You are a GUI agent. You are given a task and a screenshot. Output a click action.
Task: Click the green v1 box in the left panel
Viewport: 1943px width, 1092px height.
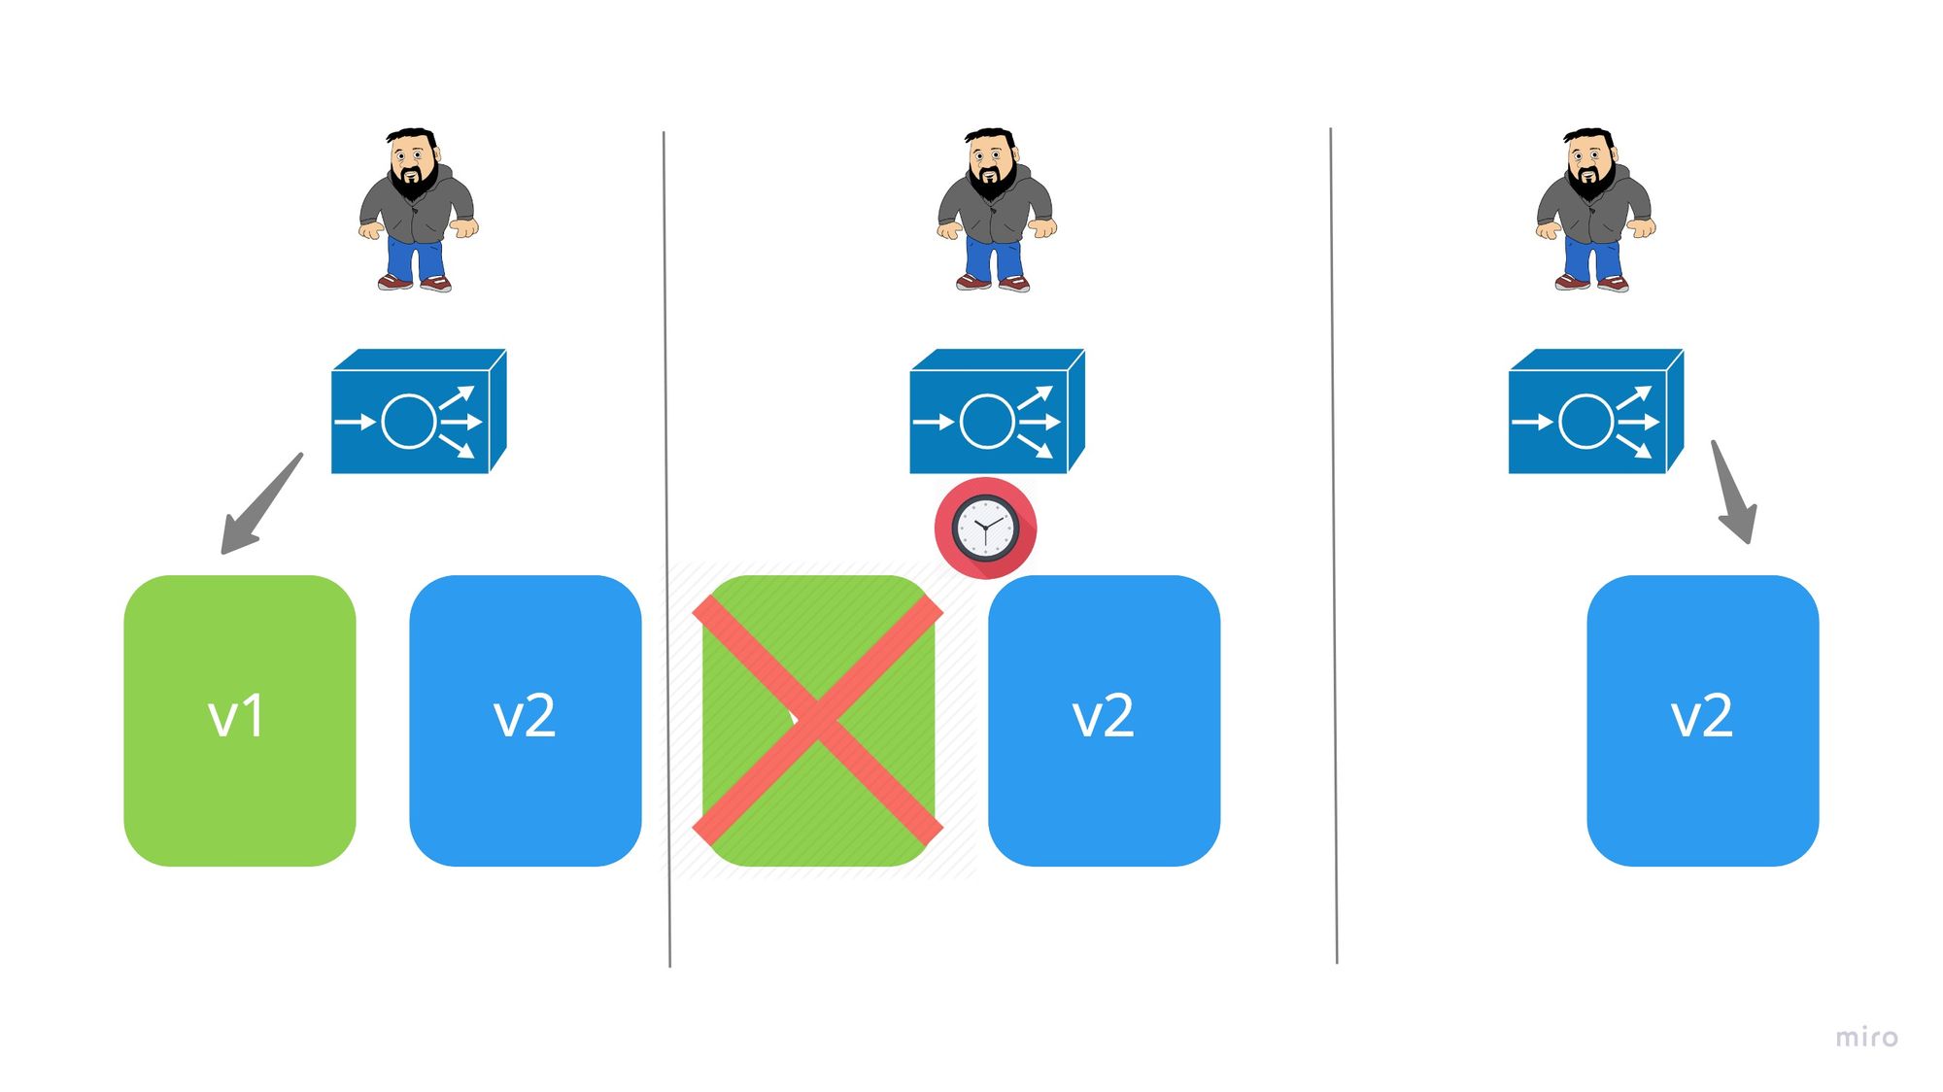[x=239, y=720]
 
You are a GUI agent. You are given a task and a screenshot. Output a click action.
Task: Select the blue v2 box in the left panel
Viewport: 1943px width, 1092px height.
[x=525, y=720]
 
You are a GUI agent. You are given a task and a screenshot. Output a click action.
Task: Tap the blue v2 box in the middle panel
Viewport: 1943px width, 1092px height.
[x=1104, y=720]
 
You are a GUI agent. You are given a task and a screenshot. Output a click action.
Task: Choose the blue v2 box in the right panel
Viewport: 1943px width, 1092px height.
[x=1702, y=720]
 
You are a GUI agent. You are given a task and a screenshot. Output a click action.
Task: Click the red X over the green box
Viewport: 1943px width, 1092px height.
[x=817, y=721]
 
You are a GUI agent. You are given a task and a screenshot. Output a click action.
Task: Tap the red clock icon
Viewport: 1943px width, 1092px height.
[x=985, y=529]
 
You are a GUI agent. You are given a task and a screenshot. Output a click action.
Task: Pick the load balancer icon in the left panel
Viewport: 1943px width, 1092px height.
[x=418, y=412]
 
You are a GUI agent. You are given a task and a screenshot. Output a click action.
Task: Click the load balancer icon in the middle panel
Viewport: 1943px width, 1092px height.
[x=996, y=412]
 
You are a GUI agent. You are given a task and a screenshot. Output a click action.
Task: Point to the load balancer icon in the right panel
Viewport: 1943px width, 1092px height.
[x=1594, y=412]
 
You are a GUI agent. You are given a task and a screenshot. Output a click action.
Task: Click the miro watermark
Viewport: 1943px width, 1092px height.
[x=1865, y=1038]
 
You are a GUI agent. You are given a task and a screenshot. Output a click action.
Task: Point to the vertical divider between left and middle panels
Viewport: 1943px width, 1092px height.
[x=666, y=549]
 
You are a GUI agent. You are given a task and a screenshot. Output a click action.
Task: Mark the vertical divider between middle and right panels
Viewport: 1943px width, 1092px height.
[x=1333, y=544]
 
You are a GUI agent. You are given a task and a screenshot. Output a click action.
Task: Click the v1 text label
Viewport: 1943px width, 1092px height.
[x=236, y=718]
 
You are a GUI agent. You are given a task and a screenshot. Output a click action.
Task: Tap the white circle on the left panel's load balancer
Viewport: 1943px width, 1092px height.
[x=409, y=422]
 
